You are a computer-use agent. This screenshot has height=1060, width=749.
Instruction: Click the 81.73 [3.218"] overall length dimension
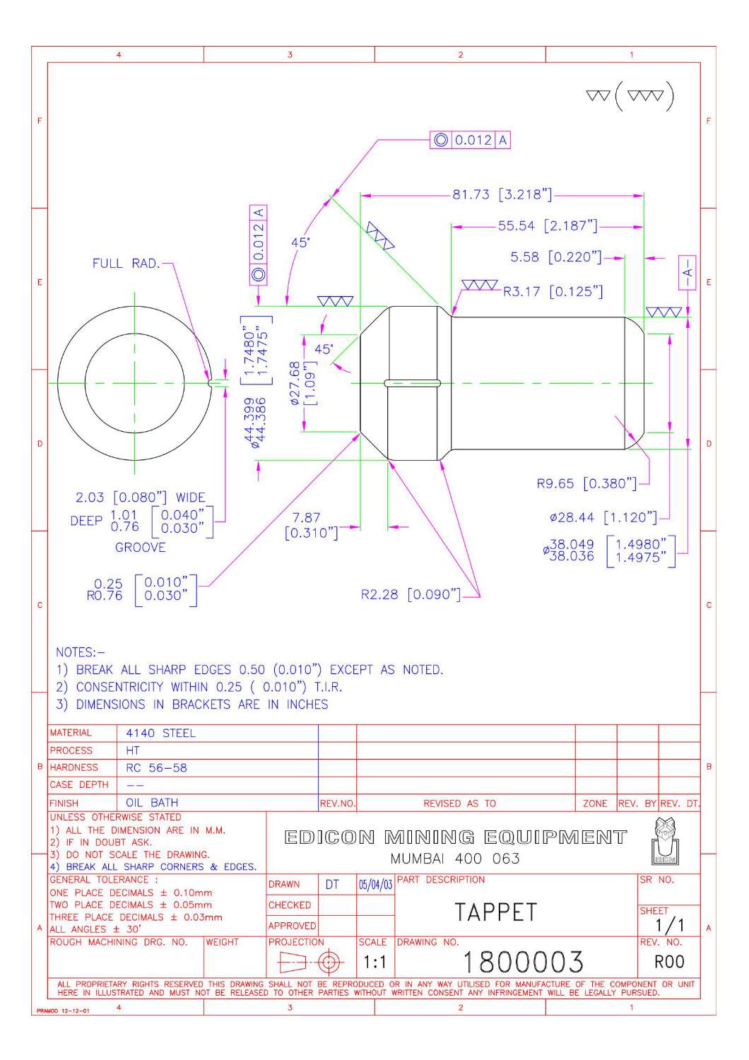(x=502, y=194)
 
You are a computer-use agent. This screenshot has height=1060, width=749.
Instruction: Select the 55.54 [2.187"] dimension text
(x=548, y=226)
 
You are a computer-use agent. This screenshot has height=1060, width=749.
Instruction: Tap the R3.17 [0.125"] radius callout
(x=553, y=291)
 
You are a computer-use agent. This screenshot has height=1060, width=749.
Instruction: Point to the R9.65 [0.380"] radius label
(x=586, y=484)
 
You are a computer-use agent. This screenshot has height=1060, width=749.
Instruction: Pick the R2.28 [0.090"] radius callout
(x=410, y=594)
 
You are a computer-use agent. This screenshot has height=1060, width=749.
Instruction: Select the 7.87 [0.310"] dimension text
(x=309, y=525)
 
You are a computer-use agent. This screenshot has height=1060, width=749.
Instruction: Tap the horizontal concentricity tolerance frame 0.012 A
(x=470, y=140)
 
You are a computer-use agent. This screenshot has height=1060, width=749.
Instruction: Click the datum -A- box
(x=687, y=271)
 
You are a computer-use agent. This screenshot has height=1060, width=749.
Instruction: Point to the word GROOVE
(x=141, y=548)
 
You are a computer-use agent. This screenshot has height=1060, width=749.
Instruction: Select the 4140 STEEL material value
(x=160, y=734)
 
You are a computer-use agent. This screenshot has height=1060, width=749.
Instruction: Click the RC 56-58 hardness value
(x=156, y=767)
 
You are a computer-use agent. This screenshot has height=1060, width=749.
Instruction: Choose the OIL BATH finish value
(x=152, y=803)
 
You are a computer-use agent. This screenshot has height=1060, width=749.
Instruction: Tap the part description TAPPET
(x=495, y=912)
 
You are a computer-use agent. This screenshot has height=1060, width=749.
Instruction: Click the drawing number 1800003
(x=523, y=962)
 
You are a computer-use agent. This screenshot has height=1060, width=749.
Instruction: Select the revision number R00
(x=669, y=962)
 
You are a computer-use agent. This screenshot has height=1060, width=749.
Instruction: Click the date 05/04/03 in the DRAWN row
(x=375, y=885)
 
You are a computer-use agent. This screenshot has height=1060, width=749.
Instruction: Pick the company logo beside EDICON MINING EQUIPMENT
(x=663, y=840)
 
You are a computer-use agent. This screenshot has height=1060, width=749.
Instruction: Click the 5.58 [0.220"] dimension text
(x=555, y=257)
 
